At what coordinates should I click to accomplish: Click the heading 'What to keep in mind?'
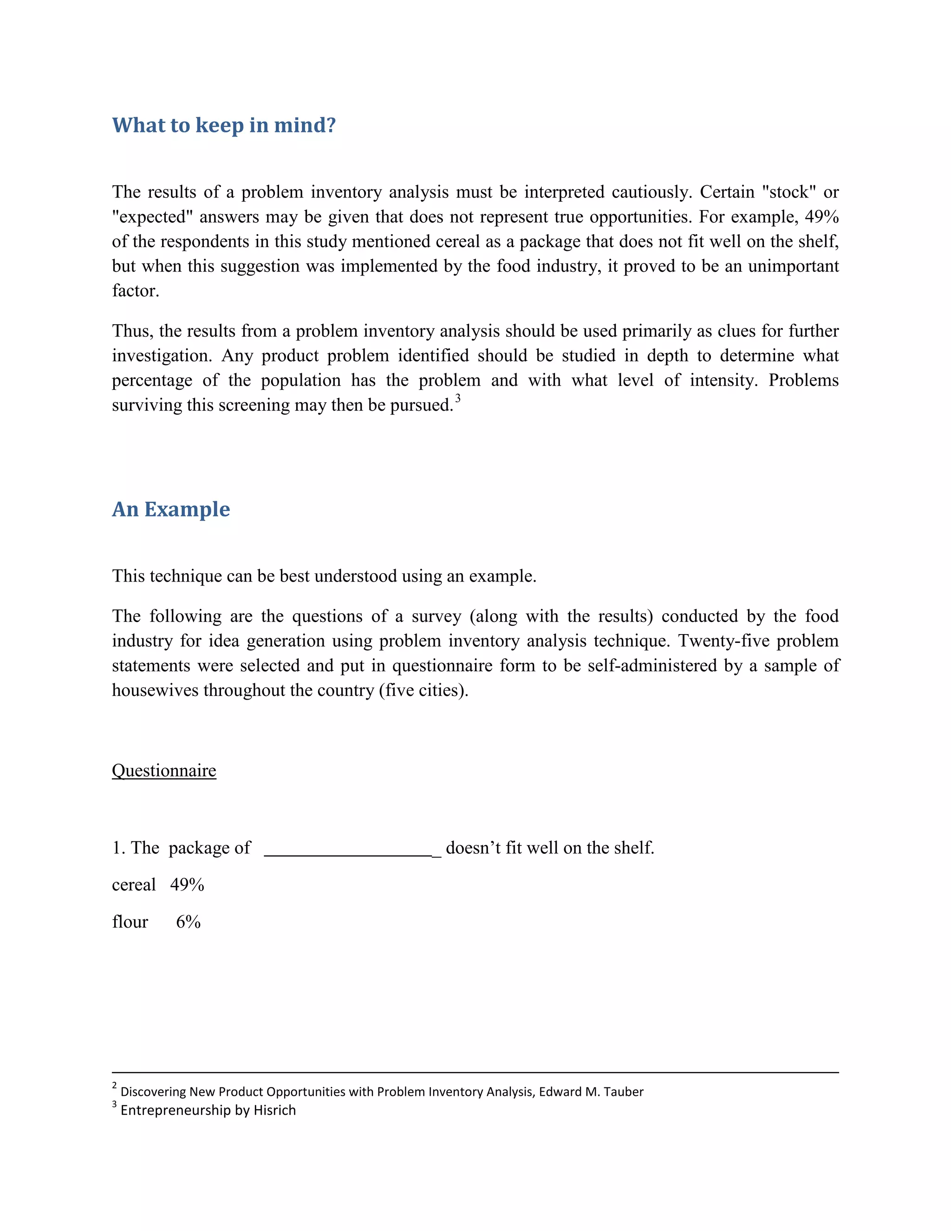click(x=224, y=125)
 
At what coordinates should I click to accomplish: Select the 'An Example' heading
click(x=171, y=509)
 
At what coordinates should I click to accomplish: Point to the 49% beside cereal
click(x=187, y=884)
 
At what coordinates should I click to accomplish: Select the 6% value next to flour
click(x=188, y=922)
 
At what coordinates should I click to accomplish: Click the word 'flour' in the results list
click(x=130, y=922)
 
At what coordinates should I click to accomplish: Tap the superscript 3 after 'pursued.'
click(x=457, y=399)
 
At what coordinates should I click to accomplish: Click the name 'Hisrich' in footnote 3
click(x=274, y=1110)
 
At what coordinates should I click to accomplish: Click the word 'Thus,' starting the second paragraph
click(x=132, y=331)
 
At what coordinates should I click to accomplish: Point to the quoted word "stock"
click(x=789, y=192)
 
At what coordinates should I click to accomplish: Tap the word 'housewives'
click(x=155, y=690)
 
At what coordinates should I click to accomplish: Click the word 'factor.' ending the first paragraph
click(x=135, y=291)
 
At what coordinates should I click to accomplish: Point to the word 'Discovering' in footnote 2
click(x=153, y=1091)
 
